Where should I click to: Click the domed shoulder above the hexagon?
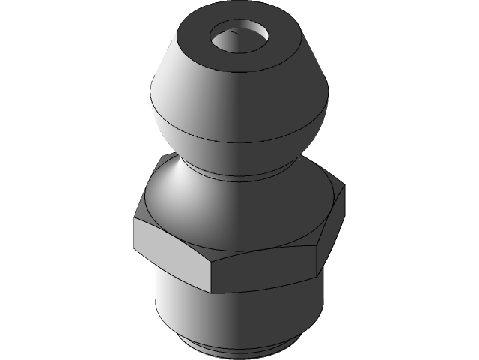click(x=225, y=210)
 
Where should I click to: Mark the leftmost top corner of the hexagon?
click(x=135, y=219)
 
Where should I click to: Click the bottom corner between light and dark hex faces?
click(x=212, y=291)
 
